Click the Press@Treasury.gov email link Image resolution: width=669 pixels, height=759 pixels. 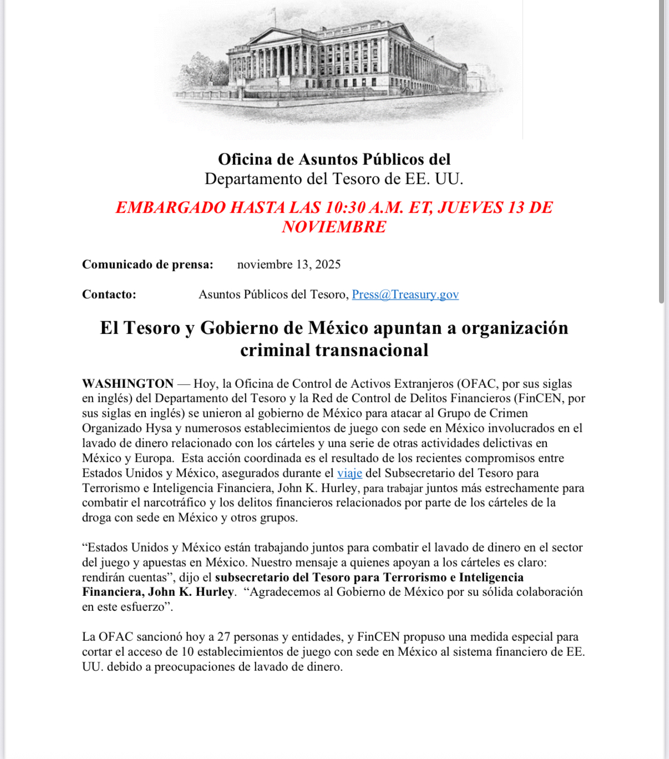[x=405, y=295]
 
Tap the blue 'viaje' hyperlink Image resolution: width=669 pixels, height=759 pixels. [x=349, y=473]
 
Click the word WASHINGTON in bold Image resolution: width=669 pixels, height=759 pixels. [x=128, y=384]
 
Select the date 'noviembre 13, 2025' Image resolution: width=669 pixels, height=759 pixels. [x=288, y=265]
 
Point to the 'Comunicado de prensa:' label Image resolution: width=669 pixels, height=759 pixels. [x=148, y=265]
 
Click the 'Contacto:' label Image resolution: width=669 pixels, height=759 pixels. [x=109, y=295]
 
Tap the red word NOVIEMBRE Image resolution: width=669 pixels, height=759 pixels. [x=334, y=227]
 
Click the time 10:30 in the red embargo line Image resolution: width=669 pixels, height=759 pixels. [x=345, y=208]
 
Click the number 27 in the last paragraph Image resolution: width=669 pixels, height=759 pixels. [x=224, y=637]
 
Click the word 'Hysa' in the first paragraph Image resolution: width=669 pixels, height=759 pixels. [x=159, y=428]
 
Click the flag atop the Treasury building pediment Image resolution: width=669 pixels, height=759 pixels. [x=273, y=11]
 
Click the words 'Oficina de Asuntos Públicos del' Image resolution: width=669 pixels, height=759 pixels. [x=334, y=160]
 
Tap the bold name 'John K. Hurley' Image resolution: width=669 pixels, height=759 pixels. [x=191, y=592]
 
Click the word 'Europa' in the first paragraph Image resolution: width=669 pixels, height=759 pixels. [x=154, y=458]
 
